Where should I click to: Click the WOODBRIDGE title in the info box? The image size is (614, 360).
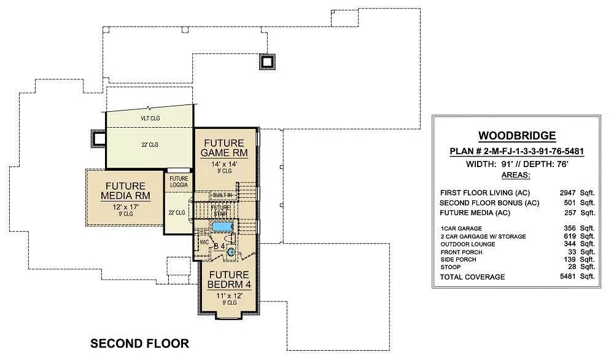tap(517, 136)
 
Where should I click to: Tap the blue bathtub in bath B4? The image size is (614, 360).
tap(222, 227)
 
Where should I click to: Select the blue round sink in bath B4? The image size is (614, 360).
tap(231, 252)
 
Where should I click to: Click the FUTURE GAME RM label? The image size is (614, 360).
tap(224, 147)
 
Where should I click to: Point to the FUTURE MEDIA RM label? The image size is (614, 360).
tap(125, 191)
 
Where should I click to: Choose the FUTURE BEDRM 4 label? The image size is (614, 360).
tap(229, 280)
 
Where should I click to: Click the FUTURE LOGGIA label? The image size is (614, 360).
tap(179, 182)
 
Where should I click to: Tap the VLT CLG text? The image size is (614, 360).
tap(150, 118)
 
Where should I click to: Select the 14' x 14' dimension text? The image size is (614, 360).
tap(224, 164)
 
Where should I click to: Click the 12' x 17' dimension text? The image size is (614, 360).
tap(126, 207)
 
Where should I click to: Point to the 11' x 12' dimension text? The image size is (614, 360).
tap(230, 295)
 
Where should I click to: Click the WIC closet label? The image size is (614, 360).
tap(204, 243)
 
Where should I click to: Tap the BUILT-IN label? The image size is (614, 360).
tap(222, 195)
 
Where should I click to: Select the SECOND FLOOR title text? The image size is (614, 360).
tap(140, 343)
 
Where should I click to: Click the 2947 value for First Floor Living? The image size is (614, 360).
tap(567, 193)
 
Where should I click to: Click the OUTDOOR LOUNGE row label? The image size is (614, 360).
tap(468, 244)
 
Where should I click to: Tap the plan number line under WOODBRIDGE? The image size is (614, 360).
tap(517, 151)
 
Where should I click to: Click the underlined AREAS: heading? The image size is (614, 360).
tap(516, 174)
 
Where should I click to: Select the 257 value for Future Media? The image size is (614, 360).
tap(570, 213)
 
